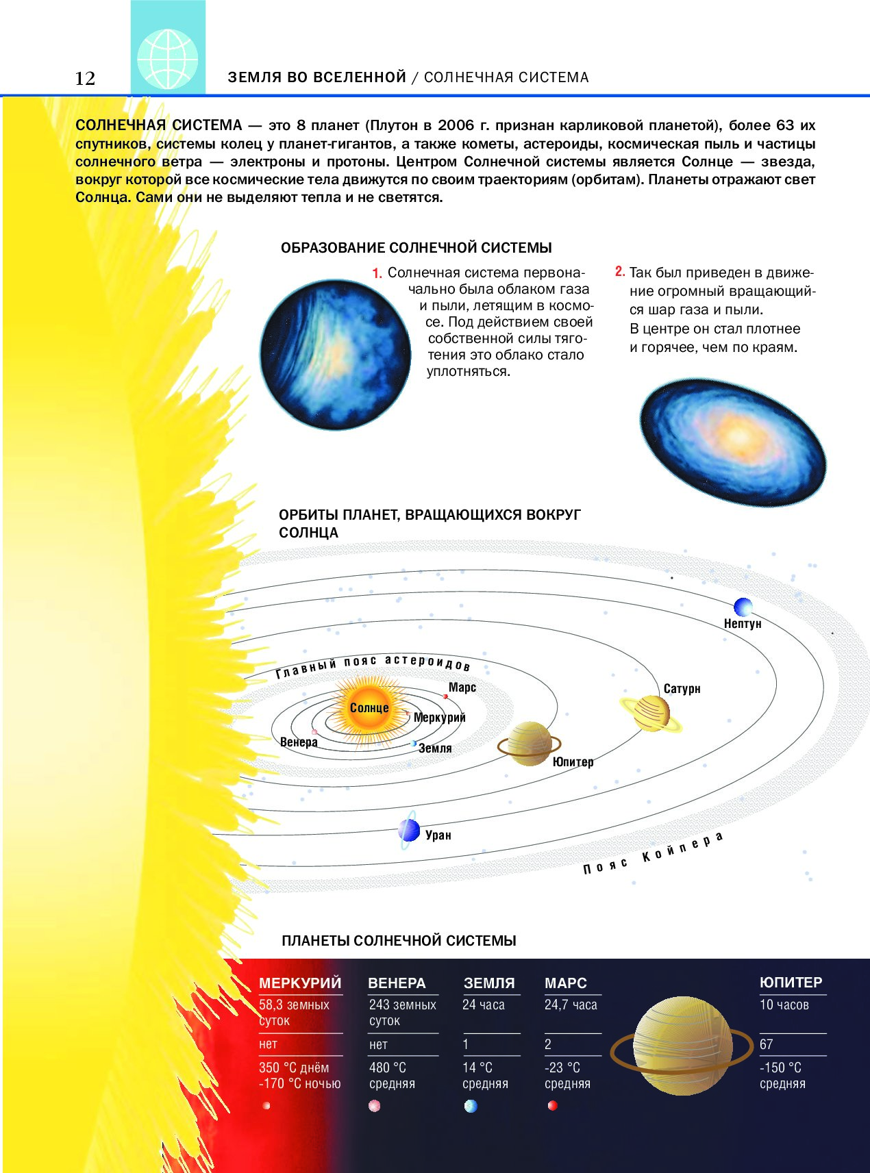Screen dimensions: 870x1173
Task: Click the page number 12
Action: point(85,78)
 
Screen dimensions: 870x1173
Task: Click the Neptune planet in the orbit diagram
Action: point(743,607)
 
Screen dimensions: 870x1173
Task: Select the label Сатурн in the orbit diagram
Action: point(682,689)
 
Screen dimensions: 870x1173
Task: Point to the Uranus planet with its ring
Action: point(409,831)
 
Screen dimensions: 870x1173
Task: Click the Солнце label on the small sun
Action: point(369,708)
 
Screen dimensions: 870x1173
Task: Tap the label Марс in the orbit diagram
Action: point(462,688)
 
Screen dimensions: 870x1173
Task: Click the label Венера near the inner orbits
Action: point(299,742)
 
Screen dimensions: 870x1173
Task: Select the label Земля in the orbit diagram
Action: point(435,748)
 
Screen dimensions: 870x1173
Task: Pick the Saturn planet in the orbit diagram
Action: point(651,713)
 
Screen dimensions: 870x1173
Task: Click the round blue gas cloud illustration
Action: point(335,355)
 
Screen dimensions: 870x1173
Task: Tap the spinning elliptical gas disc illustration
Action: point(733,442)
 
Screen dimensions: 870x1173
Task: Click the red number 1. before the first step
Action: point(377,274)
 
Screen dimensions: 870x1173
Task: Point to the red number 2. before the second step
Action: point(620,272)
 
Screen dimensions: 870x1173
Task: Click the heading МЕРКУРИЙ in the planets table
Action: point(300,983)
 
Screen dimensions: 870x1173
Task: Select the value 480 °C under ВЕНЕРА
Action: point(388,1068)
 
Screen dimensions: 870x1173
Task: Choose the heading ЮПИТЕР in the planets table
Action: point(791,983)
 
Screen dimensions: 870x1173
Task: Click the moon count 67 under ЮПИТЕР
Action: point(767,1044)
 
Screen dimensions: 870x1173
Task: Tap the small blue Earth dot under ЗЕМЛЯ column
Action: point(471,1106)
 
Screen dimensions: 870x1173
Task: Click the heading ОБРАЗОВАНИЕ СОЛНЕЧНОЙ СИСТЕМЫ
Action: point(417,248)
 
